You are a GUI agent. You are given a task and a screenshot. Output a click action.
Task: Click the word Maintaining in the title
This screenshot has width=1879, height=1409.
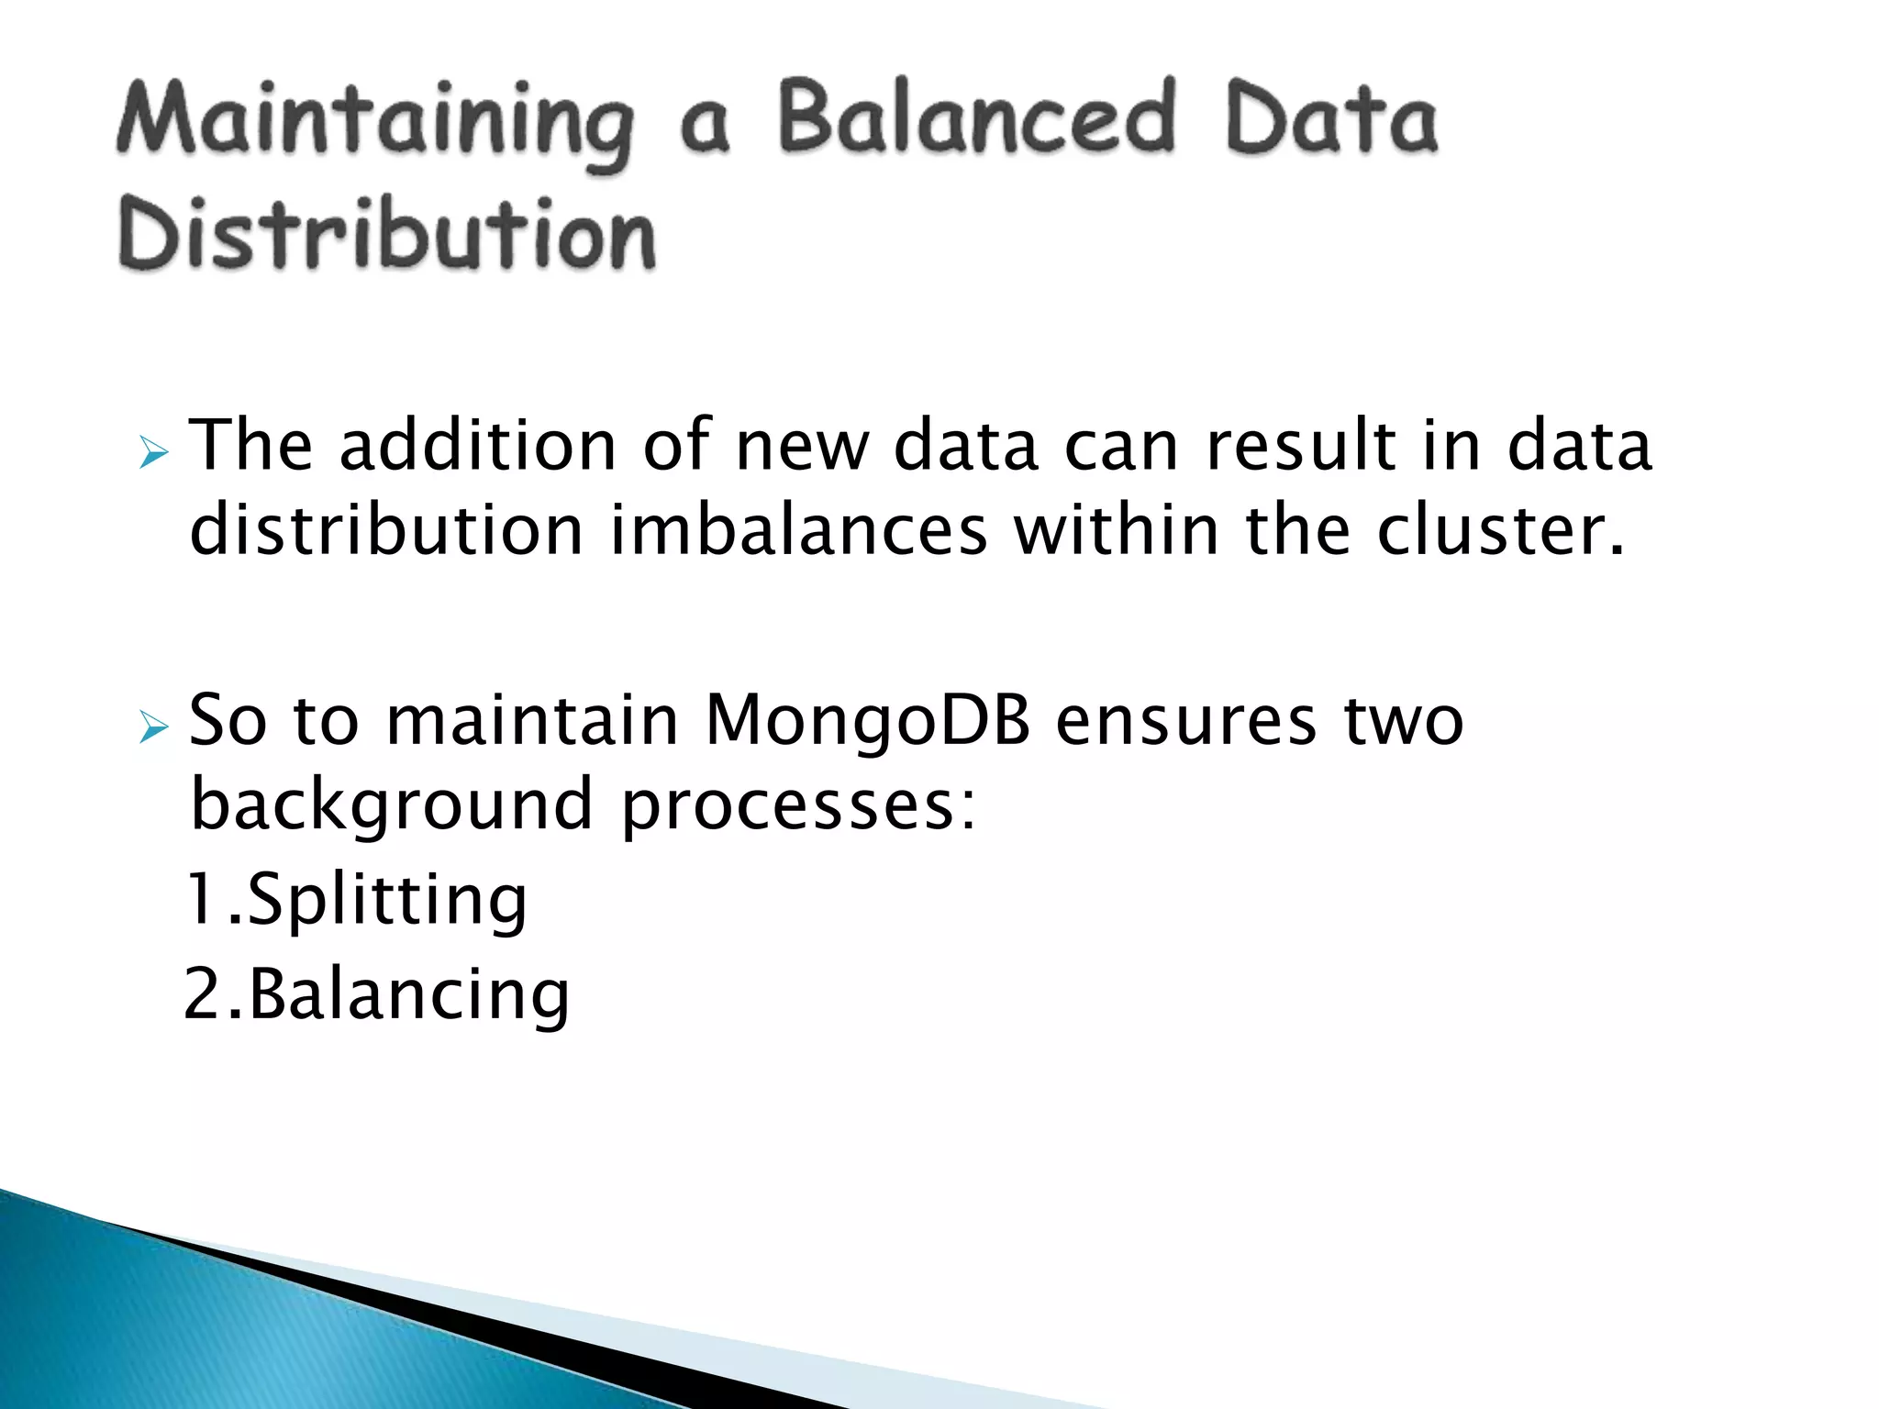[x=374, y=121]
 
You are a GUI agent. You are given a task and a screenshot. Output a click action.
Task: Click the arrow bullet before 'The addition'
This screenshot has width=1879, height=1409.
[x=153, y=453]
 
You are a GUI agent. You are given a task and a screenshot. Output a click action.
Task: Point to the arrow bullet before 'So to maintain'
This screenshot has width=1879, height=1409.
[x=153, y=728]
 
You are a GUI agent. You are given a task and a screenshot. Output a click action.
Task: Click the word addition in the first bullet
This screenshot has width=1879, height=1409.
[x=477, y=446]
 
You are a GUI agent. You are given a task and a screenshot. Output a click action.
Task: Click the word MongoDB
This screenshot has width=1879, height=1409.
[x=867, y=721]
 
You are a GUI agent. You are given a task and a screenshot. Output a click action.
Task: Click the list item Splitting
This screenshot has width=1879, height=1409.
[x=386, y=901]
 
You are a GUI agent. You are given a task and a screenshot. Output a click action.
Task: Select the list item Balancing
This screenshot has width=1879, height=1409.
[x=408, y=995]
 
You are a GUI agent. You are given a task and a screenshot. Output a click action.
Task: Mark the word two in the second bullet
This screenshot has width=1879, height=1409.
[x=1404, y=721]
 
